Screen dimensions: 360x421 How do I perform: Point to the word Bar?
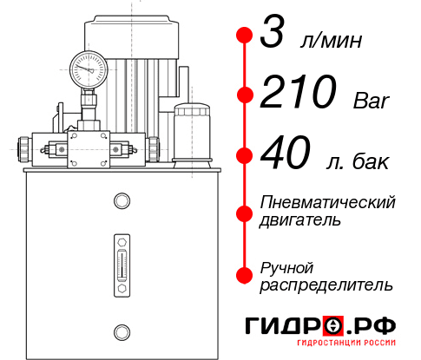coord(372,101)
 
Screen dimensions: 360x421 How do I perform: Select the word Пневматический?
coord(328,202)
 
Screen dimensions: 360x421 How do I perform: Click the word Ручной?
coord(287,266)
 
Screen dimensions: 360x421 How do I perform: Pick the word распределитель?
coord(326,285)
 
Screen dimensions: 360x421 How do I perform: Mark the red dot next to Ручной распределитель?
coord(245,275)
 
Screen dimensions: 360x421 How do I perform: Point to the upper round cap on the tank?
coord(121,201)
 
